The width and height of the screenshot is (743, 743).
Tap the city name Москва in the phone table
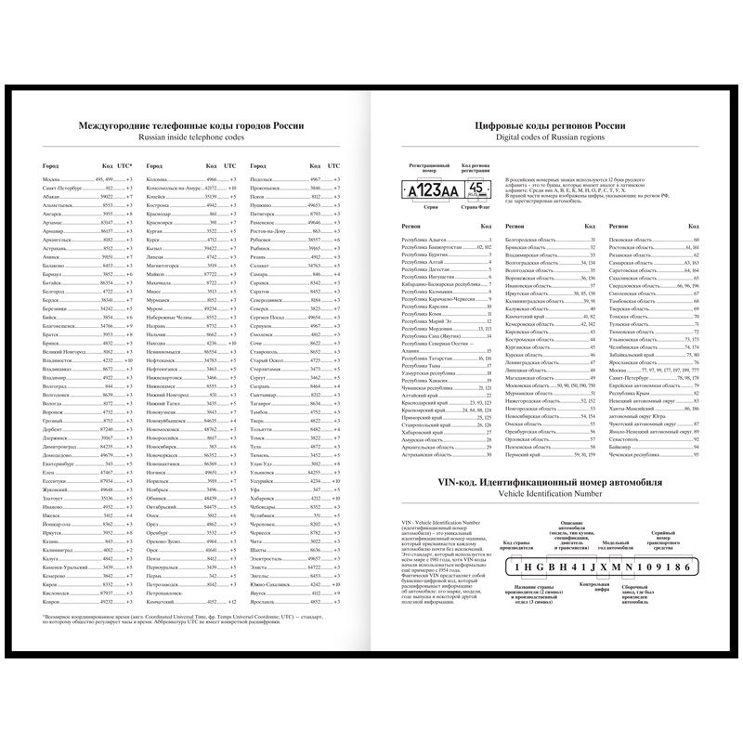click(x=51, y=178)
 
